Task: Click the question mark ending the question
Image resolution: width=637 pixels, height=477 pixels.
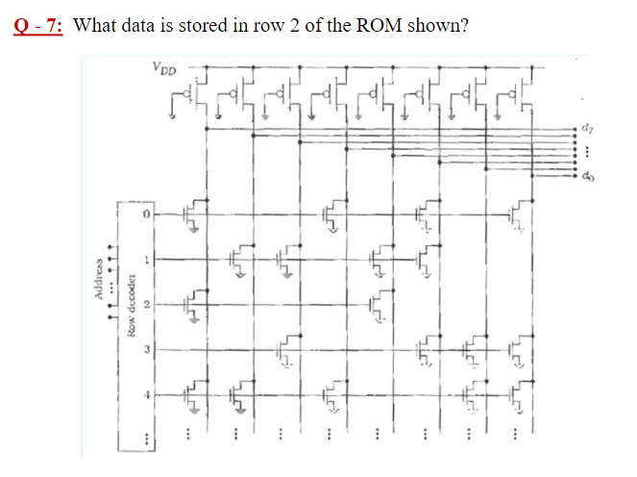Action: point(464,24)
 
